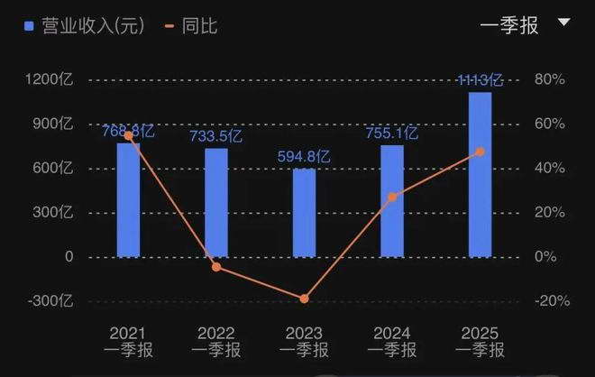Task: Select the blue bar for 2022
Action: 216,203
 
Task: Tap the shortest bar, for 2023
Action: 304,213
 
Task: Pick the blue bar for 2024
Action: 392,201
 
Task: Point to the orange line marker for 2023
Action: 304,299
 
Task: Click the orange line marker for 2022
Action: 216,267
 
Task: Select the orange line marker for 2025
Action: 480,152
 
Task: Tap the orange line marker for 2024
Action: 392,197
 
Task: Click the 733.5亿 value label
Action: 216,137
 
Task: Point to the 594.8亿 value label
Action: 304,157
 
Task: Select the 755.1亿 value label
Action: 392,133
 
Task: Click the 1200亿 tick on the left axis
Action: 50,79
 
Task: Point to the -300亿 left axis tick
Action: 50,301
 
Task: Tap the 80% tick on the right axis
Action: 549,79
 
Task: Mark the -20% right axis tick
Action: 549,301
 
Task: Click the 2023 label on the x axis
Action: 304,333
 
